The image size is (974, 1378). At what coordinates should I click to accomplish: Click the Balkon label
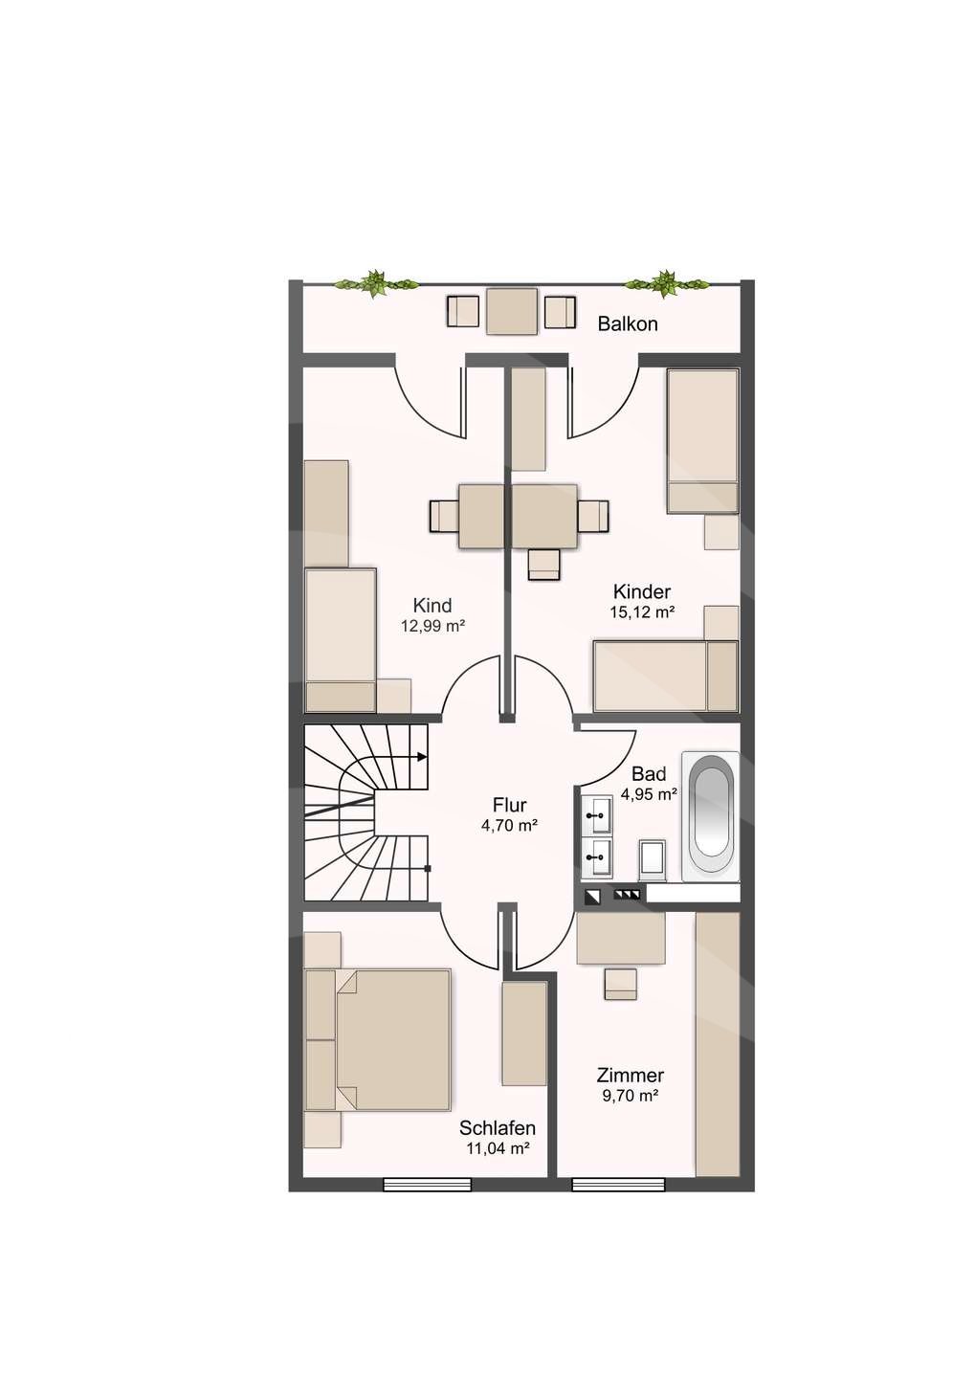[x=628, y=324]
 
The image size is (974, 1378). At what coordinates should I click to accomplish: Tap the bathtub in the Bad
[x=711, y=816]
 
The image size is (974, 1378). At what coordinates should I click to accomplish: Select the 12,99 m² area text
[x=432, y=627]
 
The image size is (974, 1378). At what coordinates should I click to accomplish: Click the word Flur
[x=510, y=806]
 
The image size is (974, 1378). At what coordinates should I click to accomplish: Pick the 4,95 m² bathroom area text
[x=649, y=795]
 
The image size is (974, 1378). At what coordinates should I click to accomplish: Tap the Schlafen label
[x=498, y=1128]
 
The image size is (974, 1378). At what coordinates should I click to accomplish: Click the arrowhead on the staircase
[x=422, y=757]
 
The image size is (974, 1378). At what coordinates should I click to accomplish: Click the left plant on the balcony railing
[x=376, y=283]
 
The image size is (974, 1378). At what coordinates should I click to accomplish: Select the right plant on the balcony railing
[x=668, y=283]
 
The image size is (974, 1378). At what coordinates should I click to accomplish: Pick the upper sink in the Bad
[x=596, y=815]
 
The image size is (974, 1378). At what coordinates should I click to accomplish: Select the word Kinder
[x=642, y=591]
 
